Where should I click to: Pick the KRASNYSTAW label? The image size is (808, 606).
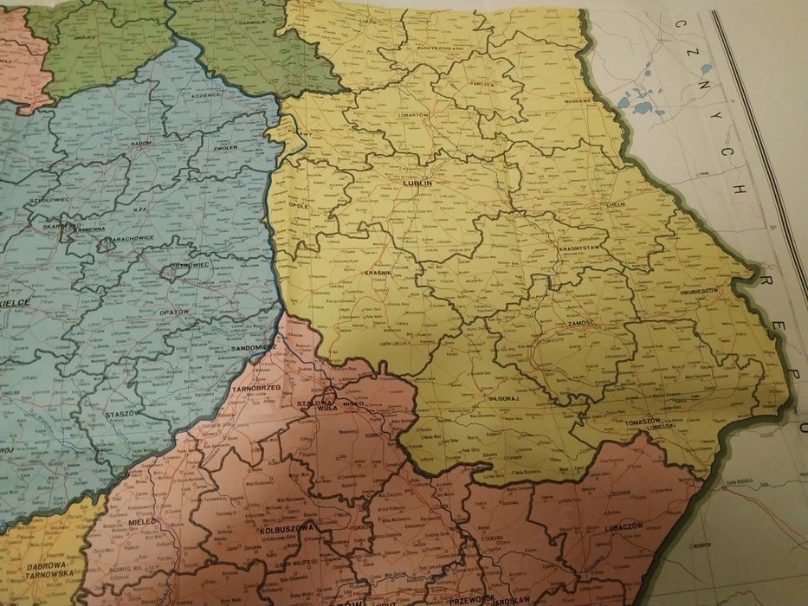[x=580, y=248]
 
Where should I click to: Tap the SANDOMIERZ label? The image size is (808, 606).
[x=255, y=347]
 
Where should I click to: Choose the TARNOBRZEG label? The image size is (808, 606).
[x=255, y=390]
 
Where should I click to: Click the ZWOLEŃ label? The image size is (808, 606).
[x=224, y=149]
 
